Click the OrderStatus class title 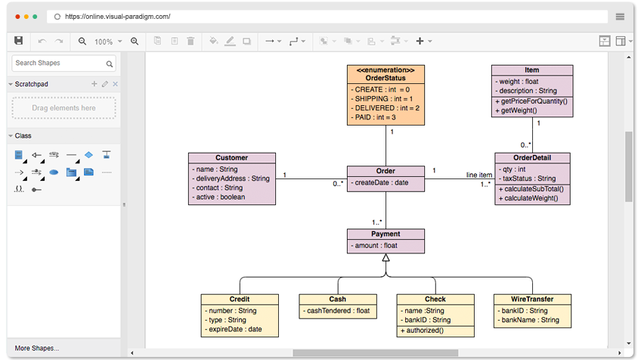386,78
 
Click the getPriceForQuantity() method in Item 532,101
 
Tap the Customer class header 231,158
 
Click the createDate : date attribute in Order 381,182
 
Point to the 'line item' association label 479,175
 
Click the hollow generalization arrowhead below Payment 386,258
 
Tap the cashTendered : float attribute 337,311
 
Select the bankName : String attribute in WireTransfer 529,320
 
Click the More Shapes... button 37,348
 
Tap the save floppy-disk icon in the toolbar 19,41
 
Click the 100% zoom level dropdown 107,42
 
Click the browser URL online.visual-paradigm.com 117,16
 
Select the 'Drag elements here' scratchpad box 63,108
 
